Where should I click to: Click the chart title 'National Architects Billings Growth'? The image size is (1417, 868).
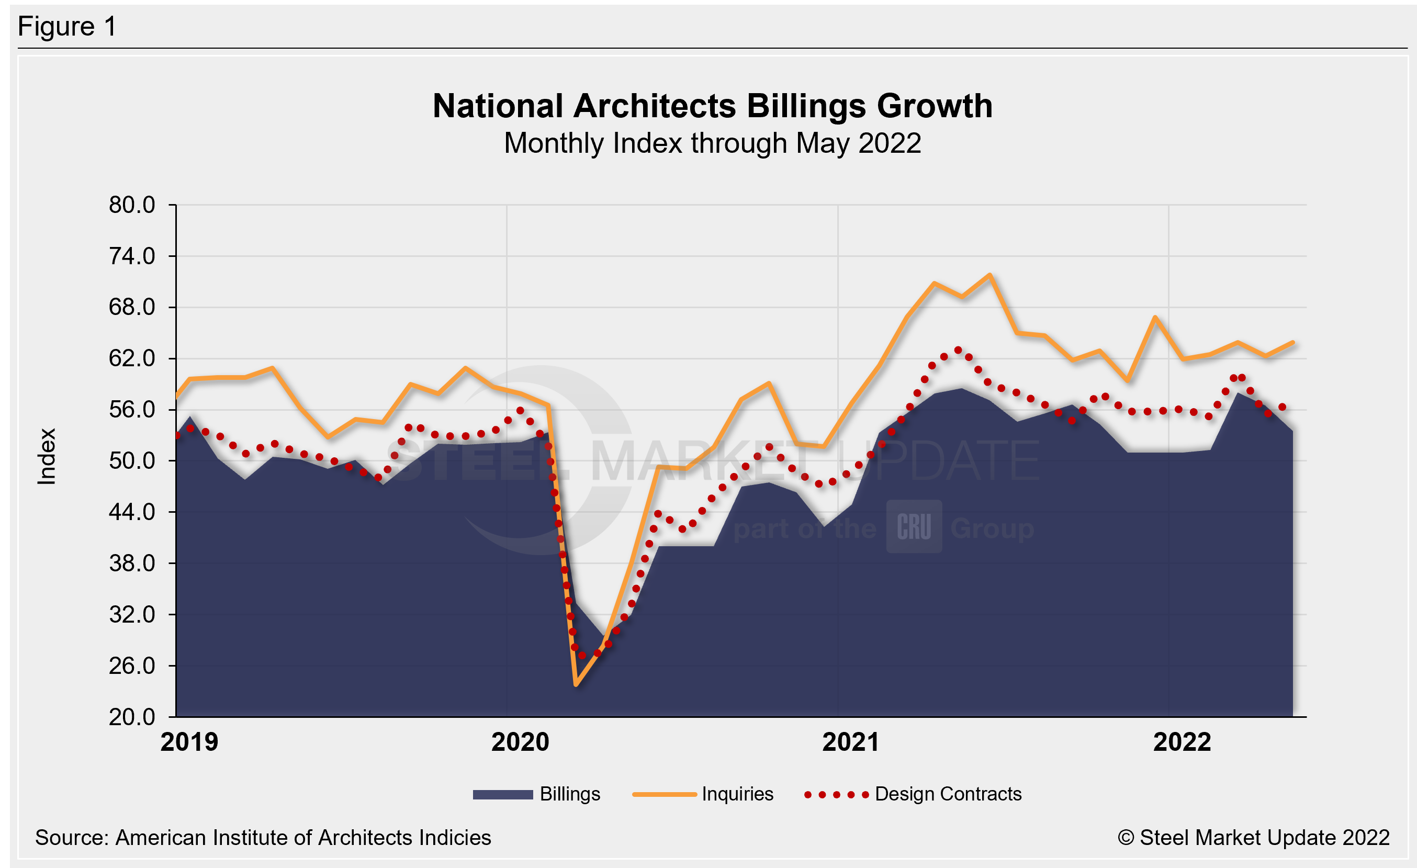[x=713, y=106]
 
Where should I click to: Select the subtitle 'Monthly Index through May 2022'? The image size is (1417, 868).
[x=713, y=143]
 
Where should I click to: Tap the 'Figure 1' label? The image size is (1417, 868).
[x=68, y=27]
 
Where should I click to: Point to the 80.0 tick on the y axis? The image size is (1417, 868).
[x=132, y=205]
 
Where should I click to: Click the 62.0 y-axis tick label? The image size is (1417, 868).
[x=132, y=359]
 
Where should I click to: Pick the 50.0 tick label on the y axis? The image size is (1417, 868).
[x=132, y=461]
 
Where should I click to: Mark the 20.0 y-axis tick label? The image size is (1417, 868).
[x=132, y=717]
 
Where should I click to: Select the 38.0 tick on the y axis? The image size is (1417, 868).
[x=132, y=563]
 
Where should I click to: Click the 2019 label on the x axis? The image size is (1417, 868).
[x=189, y=742]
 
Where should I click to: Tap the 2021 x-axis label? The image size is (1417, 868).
[x=850, y=742]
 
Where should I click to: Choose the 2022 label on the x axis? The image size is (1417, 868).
[x=1182, y=742]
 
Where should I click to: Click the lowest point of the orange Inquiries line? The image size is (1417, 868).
[x=576, y=685]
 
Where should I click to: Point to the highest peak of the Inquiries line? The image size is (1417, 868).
[x=989, y=275]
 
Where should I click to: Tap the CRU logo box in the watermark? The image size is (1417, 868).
[x=914, y=526]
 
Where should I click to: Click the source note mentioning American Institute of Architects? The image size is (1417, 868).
[x=263, y=838]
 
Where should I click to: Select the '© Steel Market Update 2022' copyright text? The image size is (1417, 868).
[x=1254, y=838]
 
